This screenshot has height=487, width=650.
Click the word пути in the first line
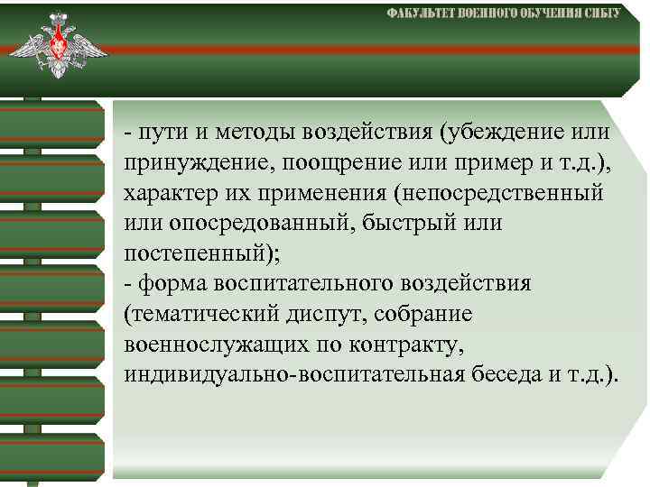[160, 133]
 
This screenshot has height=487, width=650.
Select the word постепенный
[192, 253]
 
